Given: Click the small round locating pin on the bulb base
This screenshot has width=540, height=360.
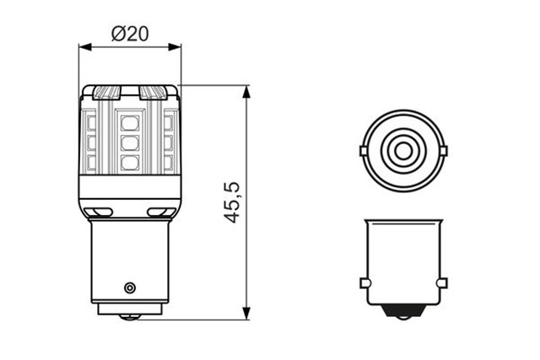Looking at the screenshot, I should [x=129, y=287].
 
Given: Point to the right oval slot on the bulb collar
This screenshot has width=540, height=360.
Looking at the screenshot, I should [x=158, y=211].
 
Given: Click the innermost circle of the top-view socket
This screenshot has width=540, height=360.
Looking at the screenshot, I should [x=403, y=153].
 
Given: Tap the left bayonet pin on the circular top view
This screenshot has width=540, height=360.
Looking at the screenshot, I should [x=362, y=152].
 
